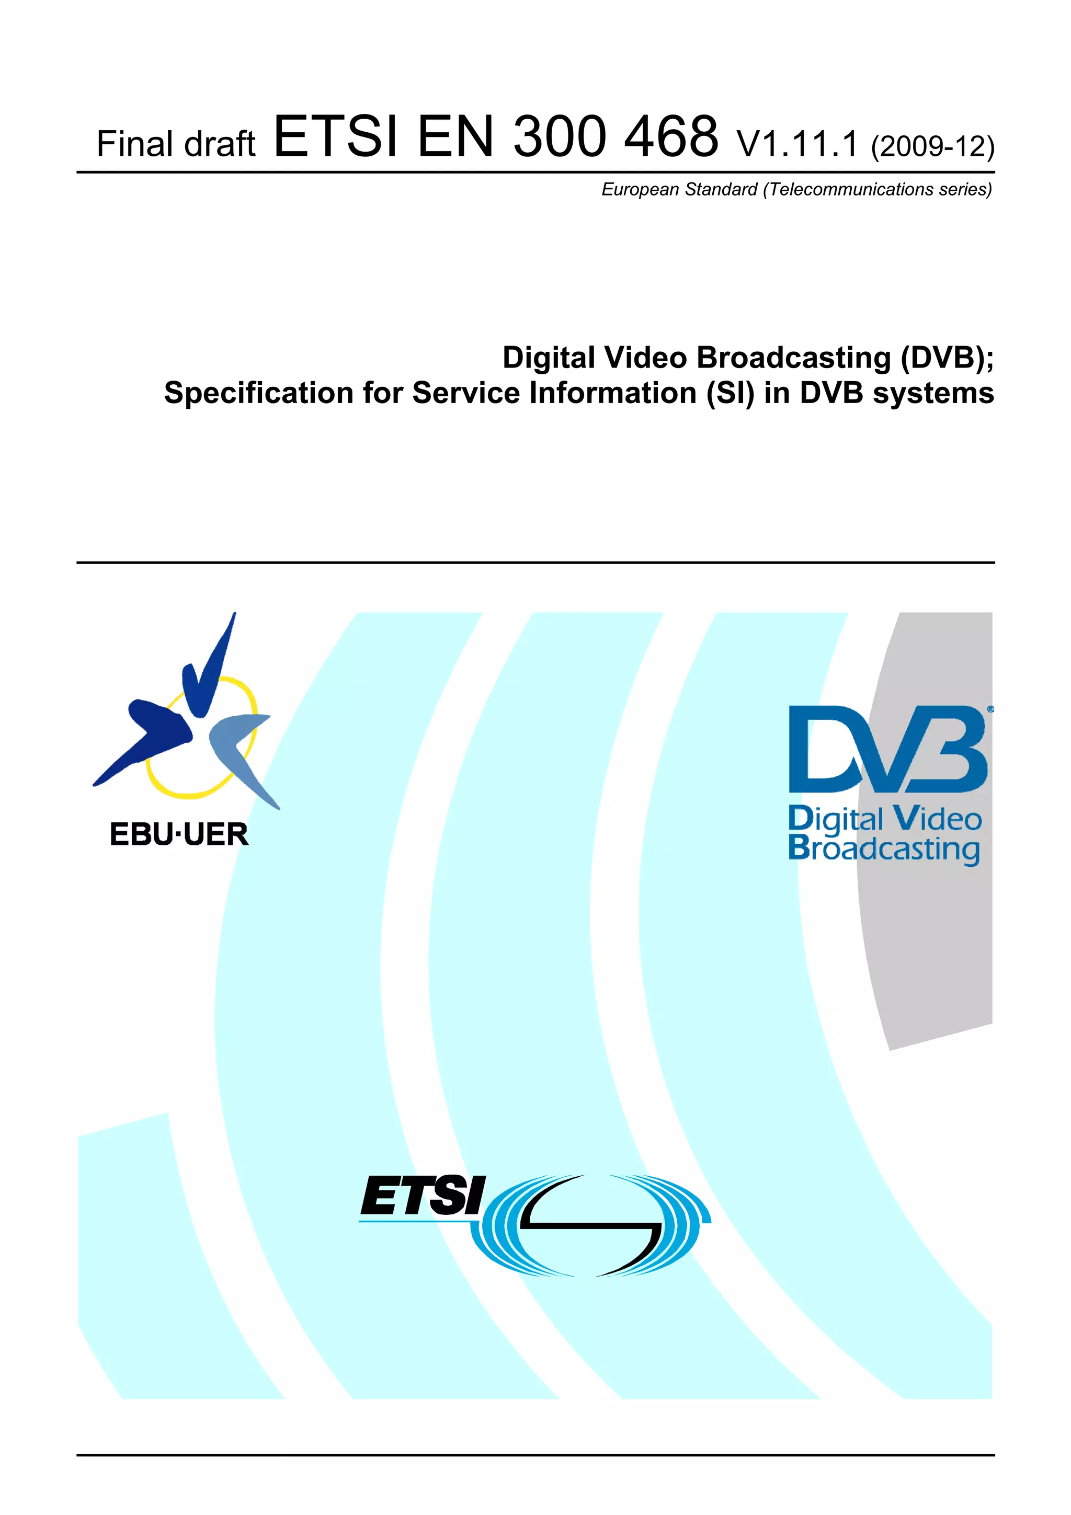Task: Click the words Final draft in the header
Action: [176, 144]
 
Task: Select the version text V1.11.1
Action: [797, 144]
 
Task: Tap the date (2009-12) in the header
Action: [932, 146]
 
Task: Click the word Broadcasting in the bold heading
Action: [794, 358]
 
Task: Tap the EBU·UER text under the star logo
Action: [179, 835]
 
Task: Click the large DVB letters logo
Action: [887, 749]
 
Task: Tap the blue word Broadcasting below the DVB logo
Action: [884, 849]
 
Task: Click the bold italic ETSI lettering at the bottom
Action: [423, 1196]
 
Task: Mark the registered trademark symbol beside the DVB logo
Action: [990, 709]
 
